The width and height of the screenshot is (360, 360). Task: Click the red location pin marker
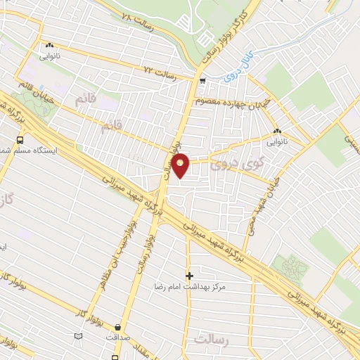coord(181,165)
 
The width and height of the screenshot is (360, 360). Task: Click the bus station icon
coord(19,140)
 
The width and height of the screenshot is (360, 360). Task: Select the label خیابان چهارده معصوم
coord(231,103)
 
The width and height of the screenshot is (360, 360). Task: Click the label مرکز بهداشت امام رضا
coord(189,287)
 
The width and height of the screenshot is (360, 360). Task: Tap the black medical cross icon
coord(188,275)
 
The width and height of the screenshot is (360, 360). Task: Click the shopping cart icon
coord(202,82)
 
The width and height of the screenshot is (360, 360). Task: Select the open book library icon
coord(77,336)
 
